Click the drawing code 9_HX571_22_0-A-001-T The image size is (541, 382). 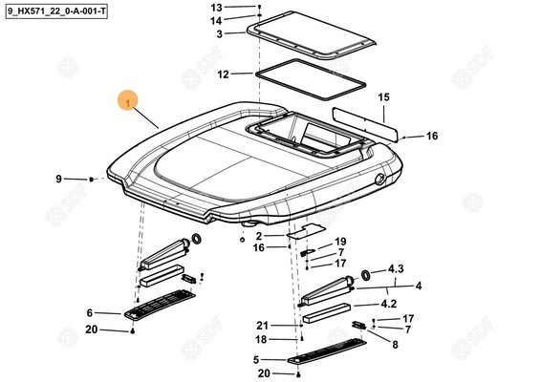pos(56,12)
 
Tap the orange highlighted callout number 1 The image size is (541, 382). pos(128,101)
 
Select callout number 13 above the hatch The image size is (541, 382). pos(217,8)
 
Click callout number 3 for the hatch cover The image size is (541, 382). pos(220,34)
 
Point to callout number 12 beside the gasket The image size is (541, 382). pos(224,74)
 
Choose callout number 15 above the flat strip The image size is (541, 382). pos(383,97)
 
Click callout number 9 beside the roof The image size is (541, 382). pos(58,179)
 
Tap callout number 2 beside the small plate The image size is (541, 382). pos(259,236)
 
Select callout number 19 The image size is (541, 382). pos(340,242)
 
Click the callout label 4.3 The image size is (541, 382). pos(396,268)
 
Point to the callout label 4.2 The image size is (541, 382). pos(389,304)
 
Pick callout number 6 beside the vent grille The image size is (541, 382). pos(90,312)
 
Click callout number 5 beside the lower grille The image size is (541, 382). pos(256,360)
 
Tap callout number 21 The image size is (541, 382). pos(262,326)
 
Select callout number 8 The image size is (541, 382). pos(395,345)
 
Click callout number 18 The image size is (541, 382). pos(261,340)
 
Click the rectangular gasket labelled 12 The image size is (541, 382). pos(311,79)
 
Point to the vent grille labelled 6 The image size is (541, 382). pos(160,304)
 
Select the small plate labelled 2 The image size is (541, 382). pos(305,231)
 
